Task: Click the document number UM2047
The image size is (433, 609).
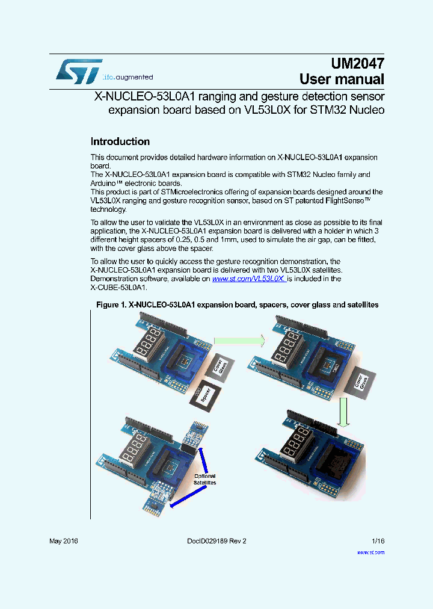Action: point(357,63)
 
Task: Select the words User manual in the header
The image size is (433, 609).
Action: point(342,79)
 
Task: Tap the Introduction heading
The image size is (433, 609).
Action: point(120,141)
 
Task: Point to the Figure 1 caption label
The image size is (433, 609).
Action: point(237,305)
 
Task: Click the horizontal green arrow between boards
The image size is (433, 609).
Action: point(239,341)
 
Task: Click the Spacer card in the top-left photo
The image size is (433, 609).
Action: point(205,396)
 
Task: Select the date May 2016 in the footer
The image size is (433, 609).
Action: point(63,541)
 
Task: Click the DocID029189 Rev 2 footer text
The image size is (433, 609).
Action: point(212,541)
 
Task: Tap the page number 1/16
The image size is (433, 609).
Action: point(378,541)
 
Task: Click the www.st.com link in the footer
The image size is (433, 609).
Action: point(370,552)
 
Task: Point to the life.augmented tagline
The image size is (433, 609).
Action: point(127,78)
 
